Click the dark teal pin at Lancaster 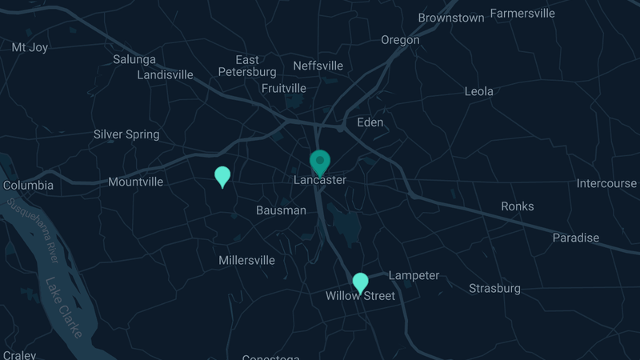tap(320, 161)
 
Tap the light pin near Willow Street tap(361, 282)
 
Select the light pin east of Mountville tap(222, 175)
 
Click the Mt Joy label tap(30, 47)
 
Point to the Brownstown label tap(451, 18)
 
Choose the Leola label tap(479, 91)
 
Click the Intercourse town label tap(606, 184)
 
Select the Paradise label tap(575, 238)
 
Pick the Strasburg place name tap(494, 288)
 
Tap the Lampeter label tap(414, 276)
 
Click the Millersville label tap(246, 260)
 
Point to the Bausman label tap(281, 210)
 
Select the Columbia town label tap(28, 186)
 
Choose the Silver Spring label tap(126, 134)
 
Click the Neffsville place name tap(318, 66)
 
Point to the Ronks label tap(518, 206)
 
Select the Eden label tap(370, 122)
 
